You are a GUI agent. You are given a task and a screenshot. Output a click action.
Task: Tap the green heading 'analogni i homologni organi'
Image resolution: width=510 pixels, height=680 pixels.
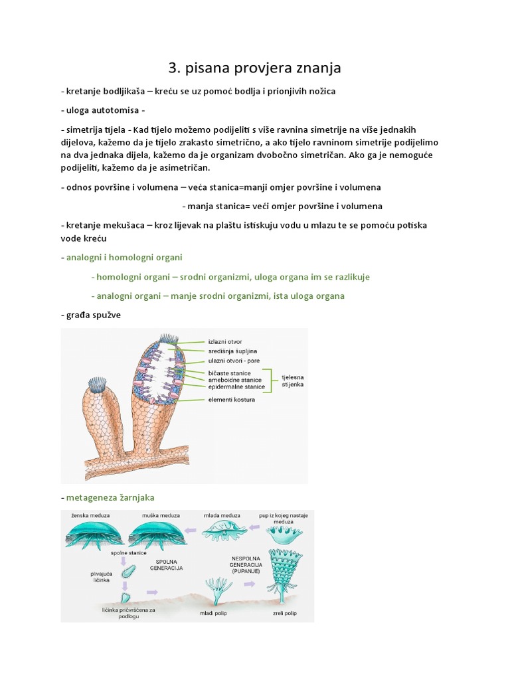124,257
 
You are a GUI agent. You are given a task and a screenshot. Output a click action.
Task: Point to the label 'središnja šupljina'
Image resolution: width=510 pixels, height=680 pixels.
232,351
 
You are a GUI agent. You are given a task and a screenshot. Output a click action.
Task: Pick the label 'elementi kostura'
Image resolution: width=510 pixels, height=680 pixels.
231,400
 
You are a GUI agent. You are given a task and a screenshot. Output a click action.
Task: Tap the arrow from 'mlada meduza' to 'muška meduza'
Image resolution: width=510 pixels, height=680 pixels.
192,531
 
